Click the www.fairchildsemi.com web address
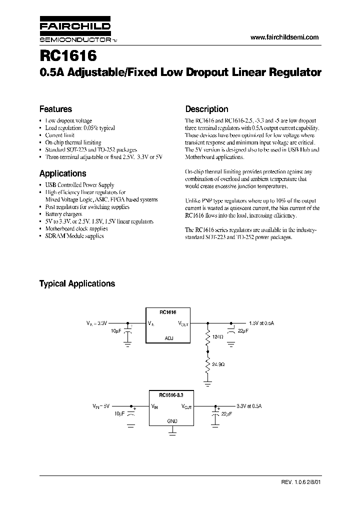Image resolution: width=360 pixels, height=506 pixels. coord(283,37)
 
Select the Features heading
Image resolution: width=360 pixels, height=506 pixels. coord(55,109)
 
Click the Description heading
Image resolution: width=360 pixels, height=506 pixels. coord(206,109)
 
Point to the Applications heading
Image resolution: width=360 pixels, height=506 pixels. coord(62,173)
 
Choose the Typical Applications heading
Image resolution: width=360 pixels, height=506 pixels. coord(77,283)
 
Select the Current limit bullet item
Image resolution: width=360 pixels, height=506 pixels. coord(60,135)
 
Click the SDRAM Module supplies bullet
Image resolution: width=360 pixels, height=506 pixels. coord(74,235)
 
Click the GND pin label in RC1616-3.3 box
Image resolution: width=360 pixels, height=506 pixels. coord(171,422)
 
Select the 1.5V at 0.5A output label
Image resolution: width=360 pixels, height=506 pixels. coord(261,323)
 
